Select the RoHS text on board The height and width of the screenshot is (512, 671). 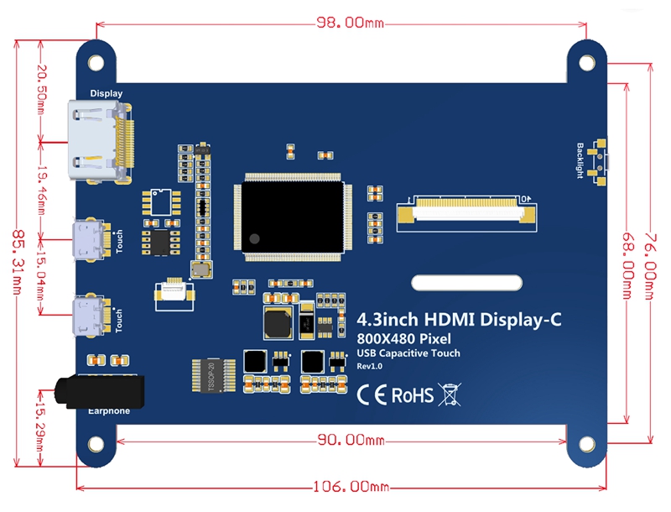(413, 394)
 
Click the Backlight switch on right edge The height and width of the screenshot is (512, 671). (600, 161)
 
